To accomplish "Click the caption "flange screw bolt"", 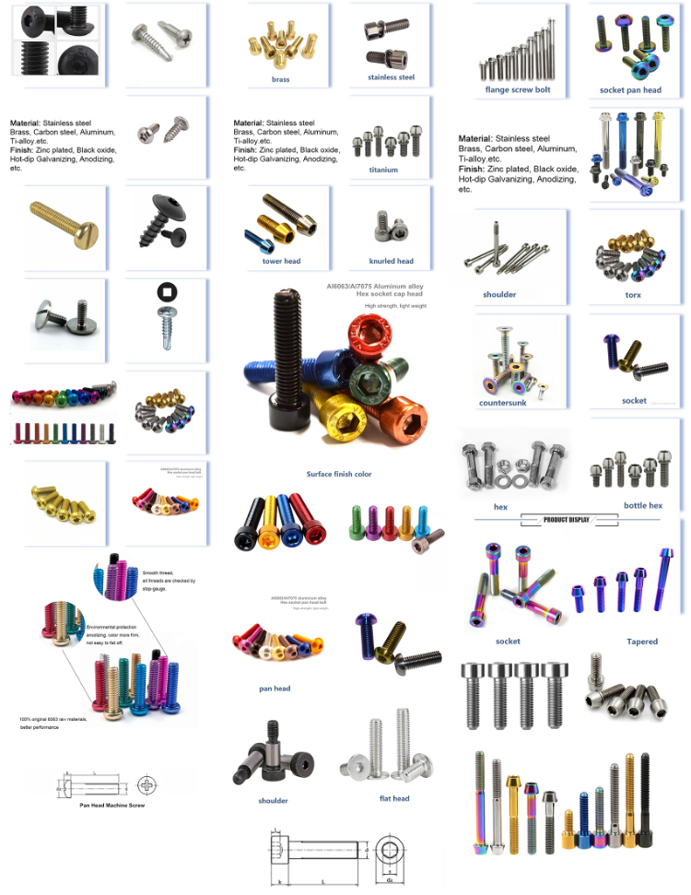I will click(518, 89).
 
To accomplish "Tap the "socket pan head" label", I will click(630, 89).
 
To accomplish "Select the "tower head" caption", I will click(281, 261).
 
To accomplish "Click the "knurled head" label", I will click(391, 261).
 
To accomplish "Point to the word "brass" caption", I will click(280, 79).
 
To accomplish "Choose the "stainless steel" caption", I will click(391, 77).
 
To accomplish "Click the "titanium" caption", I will click(383, 170).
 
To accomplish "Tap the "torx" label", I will click(633, 295).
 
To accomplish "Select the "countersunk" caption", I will click(502, 403).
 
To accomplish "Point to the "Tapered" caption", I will click(642, 642).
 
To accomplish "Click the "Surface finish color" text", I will click(339, 474).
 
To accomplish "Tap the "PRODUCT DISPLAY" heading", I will click(567, 520).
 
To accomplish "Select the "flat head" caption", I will click(394, 798).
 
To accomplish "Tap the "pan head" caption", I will click(275, 689).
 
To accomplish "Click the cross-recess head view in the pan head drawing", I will click(148, 786).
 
